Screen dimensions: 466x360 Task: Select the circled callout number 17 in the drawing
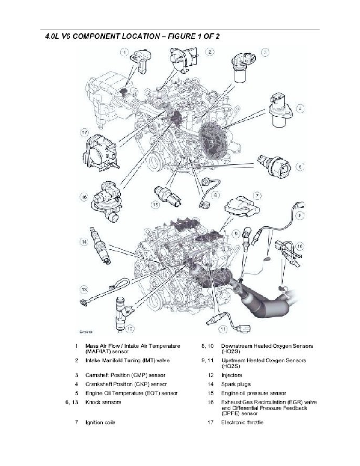click(x=85, y=133)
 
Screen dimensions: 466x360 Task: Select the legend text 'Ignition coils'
click(x=100, y=422)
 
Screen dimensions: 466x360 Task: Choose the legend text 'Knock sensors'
click(x=103, y=402)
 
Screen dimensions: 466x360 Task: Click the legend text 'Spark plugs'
click(x=236, y=384)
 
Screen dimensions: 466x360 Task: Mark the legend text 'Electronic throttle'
click(x=242, y=422)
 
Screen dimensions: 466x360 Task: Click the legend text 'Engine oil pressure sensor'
click(x=253, y=393)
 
